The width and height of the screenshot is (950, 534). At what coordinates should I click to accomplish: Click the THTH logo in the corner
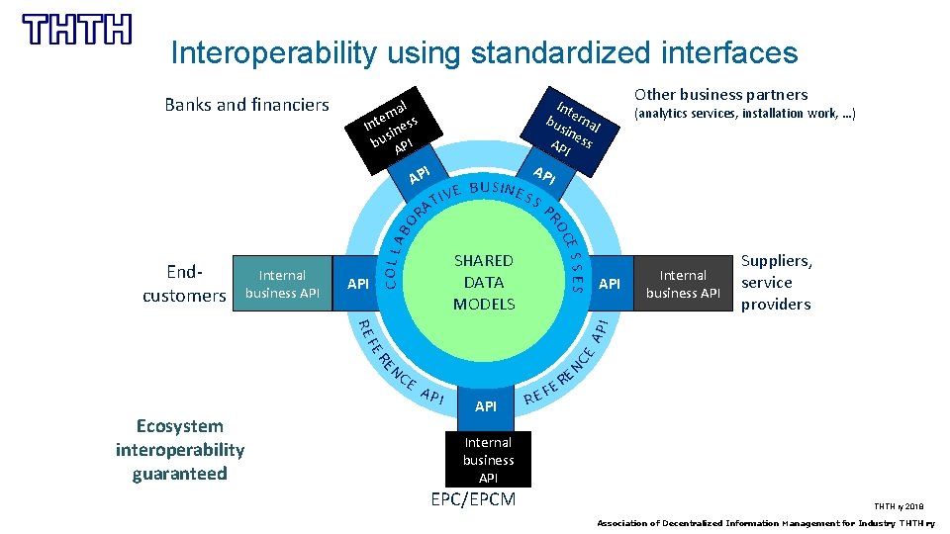coord(77,30)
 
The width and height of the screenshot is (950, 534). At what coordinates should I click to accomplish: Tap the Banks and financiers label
coord(246,105)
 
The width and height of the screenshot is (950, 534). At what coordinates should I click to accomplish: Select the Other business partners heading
coord(720,95)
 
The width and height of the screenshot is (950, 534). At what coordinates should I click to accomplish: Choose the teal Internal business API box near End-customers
coord(282,284)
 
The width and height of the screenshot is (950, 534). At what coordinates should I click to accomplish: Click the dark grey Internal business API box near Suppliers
coord(683,284)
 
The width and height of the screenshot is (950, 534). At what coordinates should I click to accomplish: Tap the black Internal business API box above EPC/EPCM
coord(488,460)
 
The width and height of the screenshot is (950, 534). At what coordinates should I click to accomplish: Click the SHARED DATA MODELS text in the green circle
coord(483,283)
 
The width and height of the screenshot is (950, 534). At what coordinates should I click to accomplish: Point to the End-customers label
coord(184,284)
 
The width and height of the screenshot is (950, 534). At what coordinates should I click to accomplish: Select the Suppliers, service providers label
coord(777,283)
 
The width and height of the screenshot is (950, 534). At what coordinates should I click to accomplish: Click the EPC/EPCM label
coord(473,499)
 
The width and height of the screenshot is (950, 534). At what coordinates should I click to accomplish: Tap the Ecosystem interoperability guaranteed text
coord(180,450)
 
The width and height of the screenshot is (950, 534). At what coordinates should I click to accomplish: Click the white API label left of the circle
coord(358,285)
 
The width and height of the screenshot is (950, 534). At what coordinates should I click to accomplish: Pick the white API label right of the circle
coord(611,285)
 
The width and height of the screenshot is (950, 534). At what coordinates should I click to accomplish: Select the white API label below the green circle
coord(486,406)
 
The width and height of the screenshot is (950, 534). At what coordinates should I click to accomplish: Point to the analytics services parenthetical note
coord(744,115)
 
